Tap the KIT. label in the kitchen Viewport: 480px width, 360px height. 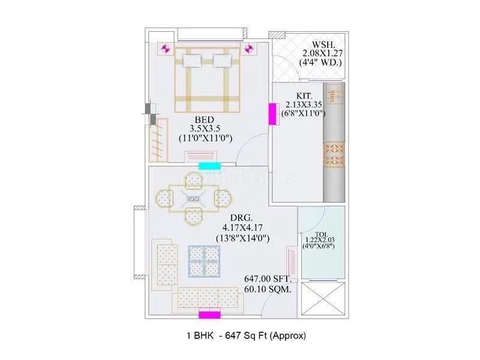[303, 95]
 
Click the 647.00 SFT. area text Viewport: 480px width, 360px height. [268, 279]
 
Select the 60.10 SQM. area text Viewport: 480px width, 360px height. [268, 289]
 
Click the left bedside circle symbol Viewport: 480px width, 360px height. [166, 48]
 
